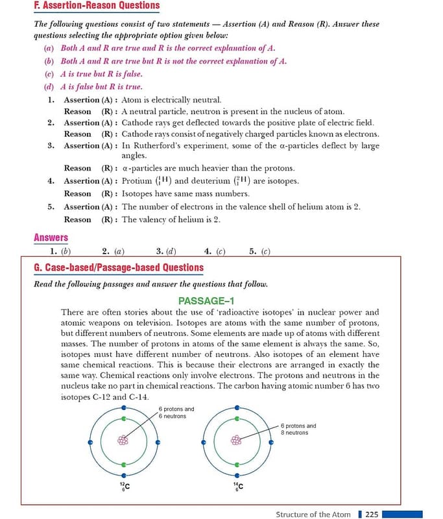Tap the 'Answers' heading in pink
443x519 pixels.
coord(51,238)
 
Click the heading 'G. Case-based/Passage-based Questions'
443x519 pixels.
coord(118,267)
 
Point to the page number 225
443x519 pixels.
coord(372,514)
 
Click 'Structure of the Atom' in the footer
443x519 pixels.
coord(313,514)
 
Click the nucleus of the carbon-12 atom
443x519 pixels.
coord(123,439)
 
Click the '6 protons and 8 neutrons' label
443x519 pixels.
coord(298,429)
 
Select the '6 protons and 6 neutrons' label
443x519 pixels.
coord(176,413)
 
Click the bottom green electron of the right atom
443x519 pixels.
coord(237,465)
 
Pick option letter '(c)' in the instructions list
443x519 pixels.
coord(49,74)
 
